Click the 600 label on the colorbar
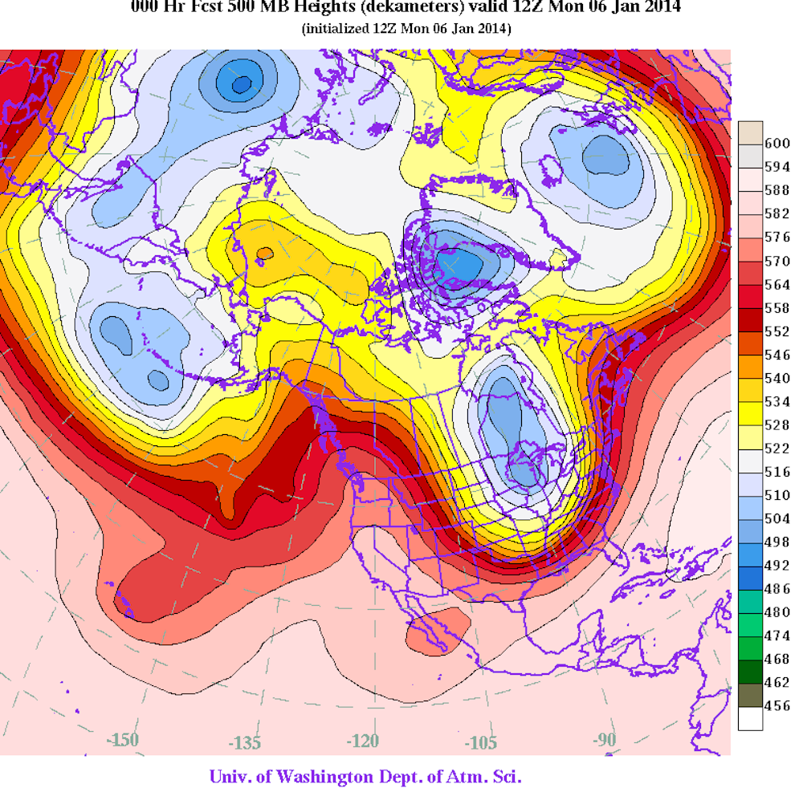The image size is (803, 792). click(x=777, y=144)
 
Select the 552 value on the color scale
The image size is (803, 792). click(x=777, y=331)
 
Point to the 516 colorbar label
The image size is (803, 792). click(x=777, y=471)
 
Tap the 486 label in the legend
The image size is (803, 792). click(x=777, y=587)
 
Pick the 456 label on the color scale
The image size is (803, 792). click(x=777, y=705)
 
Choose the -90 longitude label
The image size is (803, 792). click(x=605, y=739)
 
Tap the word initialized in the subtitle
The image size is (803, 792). click(x=336, y=29)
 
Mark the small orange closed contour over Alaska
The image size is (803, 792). click(x=263, y=254)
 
